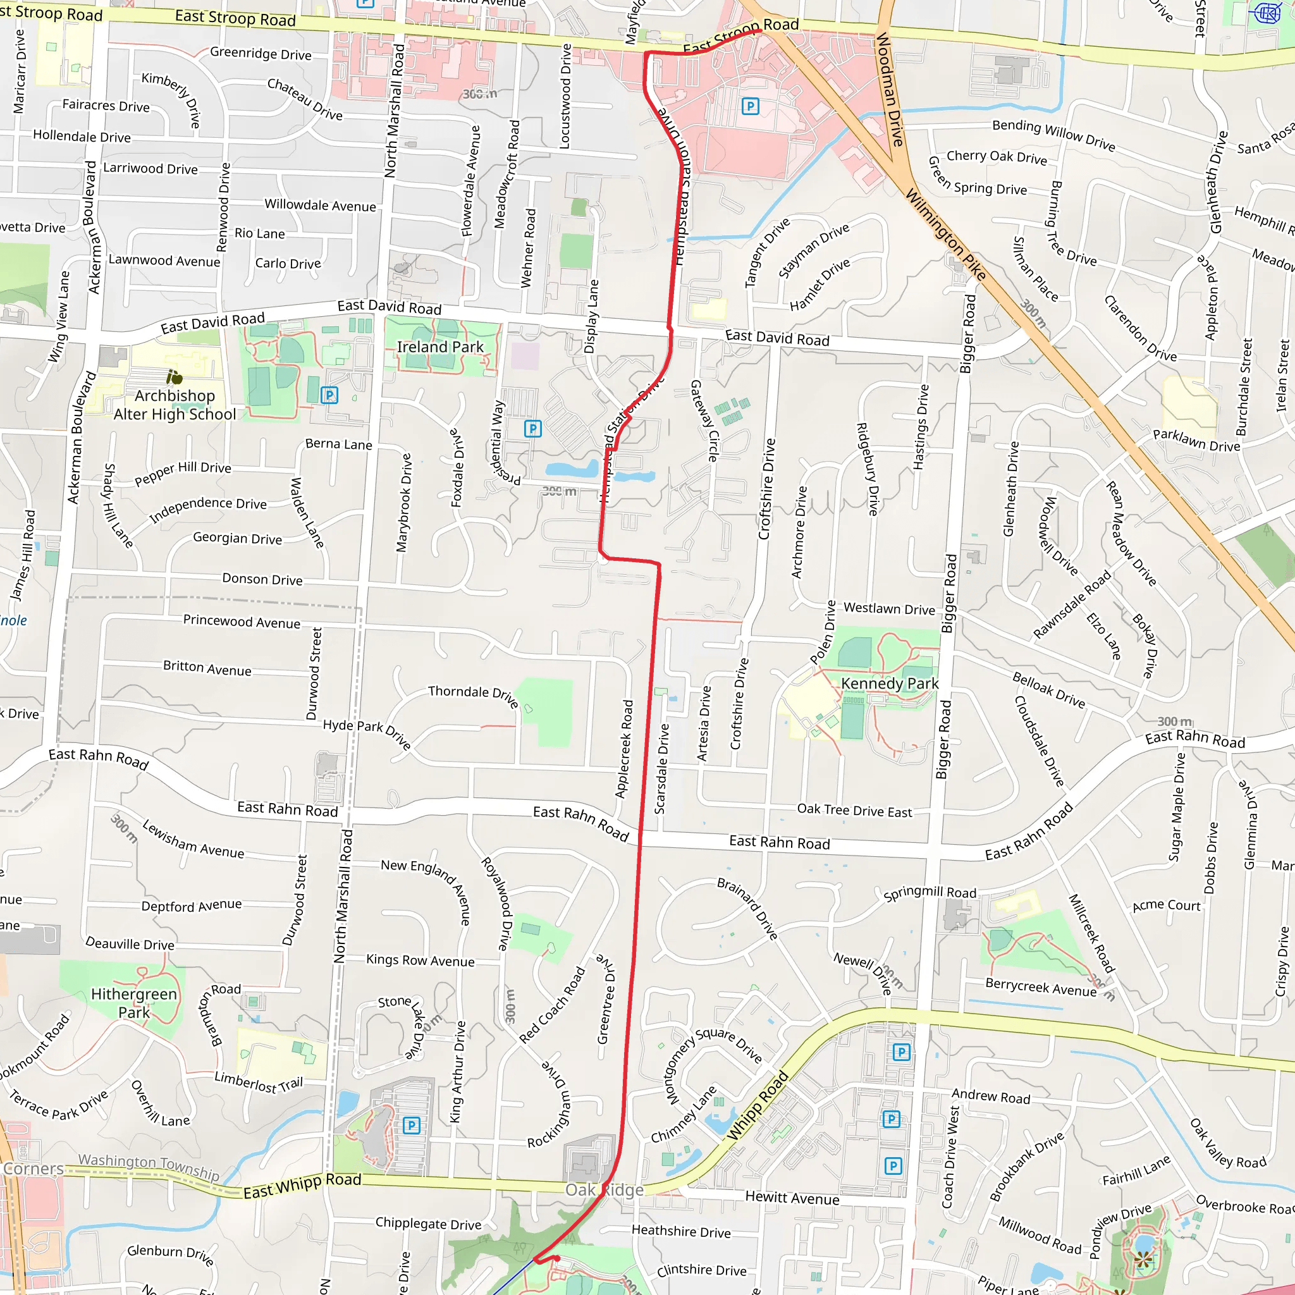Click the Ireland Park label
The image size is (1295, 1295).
pos(439,347)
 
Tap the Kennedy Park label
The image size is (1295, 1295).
pos(890,684)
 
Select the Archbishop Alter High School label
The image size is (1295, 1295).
pos(175,405)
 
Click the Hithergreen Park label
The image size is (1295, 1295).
pos(134,1003)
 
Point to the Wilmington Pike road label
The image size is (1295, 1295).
pos(946,235)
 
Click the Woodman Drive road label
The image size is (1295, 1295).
pos(890,90)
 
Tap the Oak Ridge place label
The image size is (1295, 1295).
pos(604,1190)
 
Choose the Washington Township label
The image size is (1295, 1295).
pos(149,1167)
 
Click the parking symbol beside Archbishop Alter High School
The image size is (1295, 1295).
pos(329,395)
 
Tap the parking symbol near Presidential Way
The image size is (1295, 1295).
pos(532,428)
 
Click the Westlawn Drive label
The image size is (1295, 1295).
pos(889,609)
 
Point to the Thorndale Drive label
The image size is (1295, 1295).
pos(473,696)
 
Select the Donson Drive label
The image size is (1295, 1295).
pos(262,579)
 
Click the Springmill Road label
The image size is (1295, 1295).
pos(930,893)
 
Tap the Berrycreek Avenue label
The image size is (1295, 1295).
pos(1040,987)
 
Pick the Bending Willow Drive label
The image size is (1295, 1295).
pos(1053,135)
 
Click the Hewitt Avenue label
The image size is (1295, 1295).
pos(792,1198)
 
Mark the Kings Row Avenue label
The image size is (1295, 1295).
pos(420,961)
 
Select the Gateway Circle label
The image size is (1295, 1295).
pos(704,420)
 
